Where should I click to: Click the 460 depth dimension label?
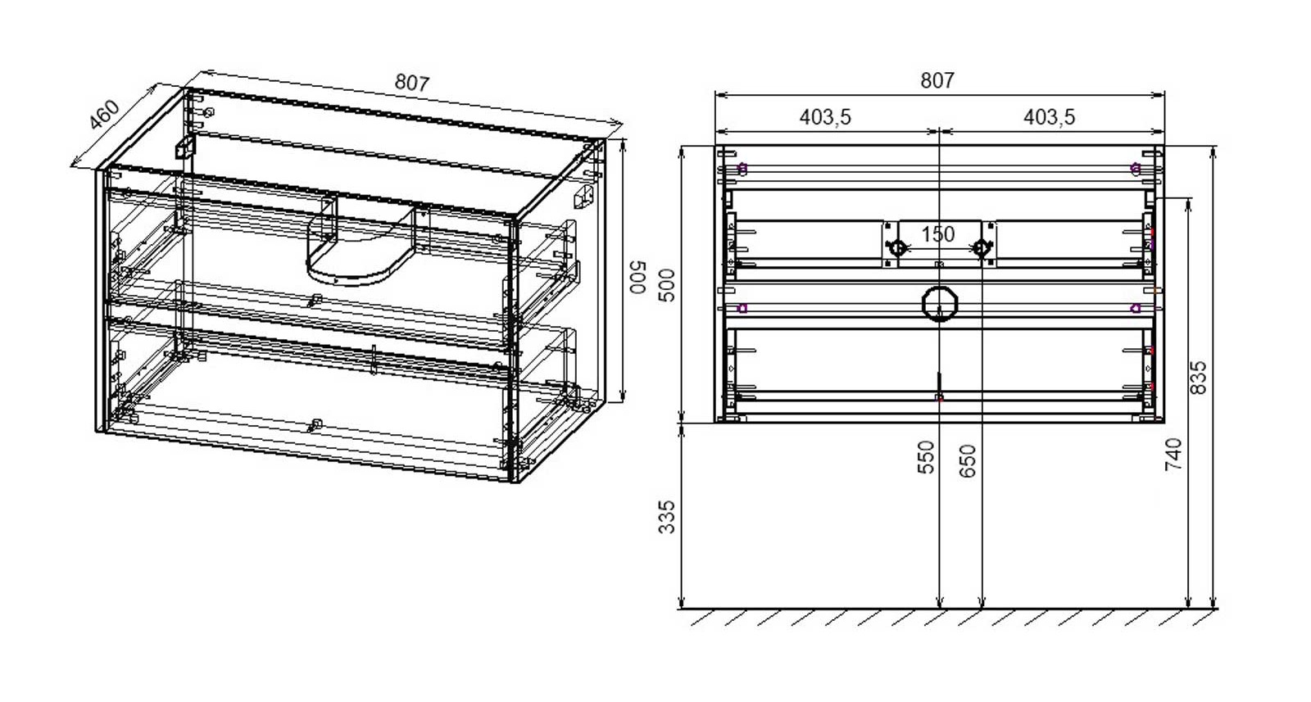point(105,115)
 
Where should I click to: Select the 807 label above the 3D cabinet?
point(412,83)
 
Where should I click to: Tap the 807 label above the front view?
point(937,80)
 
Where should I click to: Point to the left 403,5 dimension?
point(825,117)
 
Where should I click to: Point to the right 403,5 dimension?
point(1050,117)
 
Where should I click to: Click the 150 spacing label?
point(938,234)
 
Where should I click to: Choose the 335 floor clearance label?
point(667,517)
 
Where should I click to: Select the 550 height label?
point(926,457)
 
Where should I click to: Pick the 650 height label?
point(968,461)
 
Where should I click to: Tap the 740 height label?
point(1174,455)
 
